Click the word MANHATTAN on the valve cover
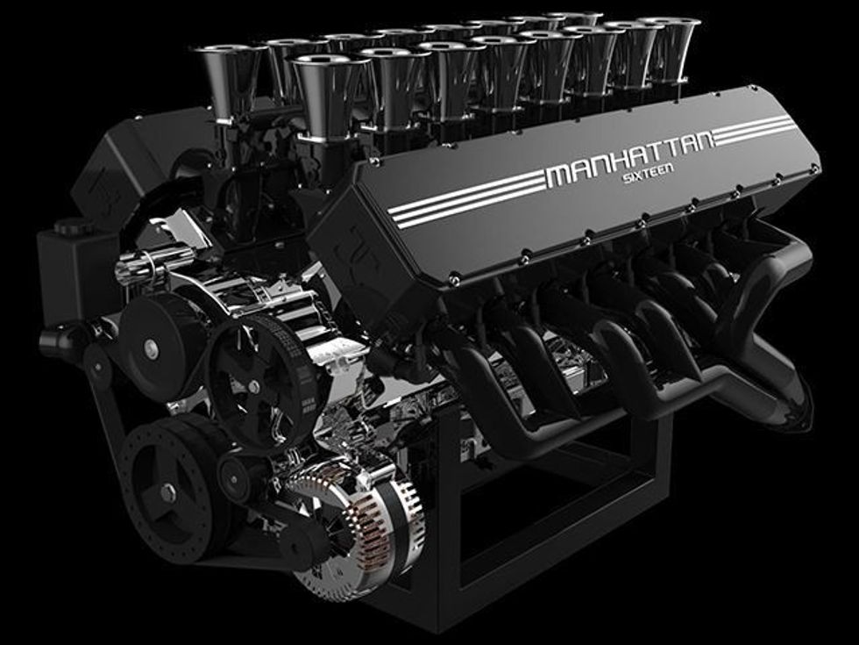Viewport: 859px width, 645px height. [x=630, y=160]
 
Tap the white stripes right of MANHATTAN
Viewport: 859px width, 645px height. [x=756, y=131]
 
